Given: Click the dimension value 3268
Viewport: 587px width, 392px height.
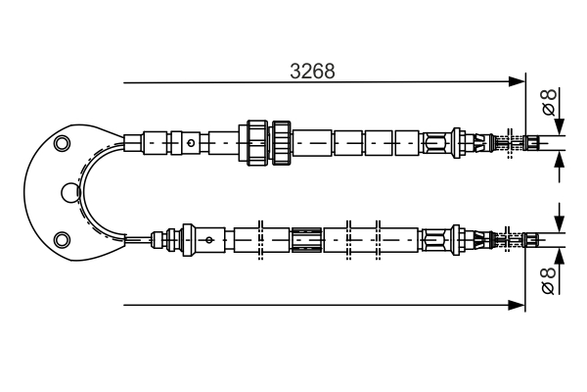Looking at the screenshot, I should pyautogui.click(x=314, y=71).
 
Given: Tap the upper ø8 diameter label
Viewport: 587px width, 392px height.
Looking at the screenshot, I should pyautogui.click(x=549, y=100).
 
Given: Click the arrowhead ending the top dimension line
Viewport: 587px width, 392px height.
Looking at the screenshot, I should pyautogui.click(x=518, y=81).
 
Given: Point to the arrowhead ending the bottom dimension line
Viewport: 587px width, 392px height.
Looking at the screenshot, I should pyautogui.click(x=518, y=305).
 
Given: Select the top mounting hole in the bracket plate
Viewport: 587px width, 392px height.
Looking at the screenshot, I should pyautogui.click(x=63, y=145).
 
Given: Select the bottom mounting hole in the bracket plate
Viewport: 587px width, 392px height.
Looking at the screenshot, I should pyautogui.click(x=63, y=238).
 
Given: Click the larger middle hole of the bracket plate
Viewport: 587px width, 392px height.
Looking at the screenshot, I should pyautogui.click(x=68, y=192).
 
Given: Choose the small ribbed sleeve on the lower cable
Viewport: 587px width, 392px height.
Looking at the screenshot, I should pyautogui.click(x=306, y=239).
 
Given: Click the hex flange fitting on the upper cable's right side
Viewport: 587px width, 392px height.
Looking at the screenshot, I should pyautogui.click(x=460, y=143).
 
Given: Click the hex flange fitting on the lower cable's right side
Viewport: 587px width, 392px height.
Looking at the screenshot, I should pyautogui.click(x=460, y=239).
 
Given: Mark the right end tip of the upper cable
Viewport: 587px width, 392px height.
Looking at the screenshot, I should pyautogui.click(x=537, y=143).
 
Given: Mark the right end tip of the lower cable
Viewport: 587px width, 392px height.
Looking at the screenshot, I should pyautogui.click(x=537, y=239).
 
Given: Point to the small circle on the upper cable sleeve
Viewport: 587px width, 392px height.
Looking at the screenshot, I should pyautogui.click(x=190, y=143).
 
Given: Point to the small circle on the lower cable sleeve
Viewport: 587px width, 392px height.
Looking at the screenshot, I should pyautogui.click(x=208, y=239).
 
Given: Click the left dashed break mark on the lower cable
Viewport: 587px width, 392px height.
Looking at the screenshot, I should pyautogui.click(x=260, y=239).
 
